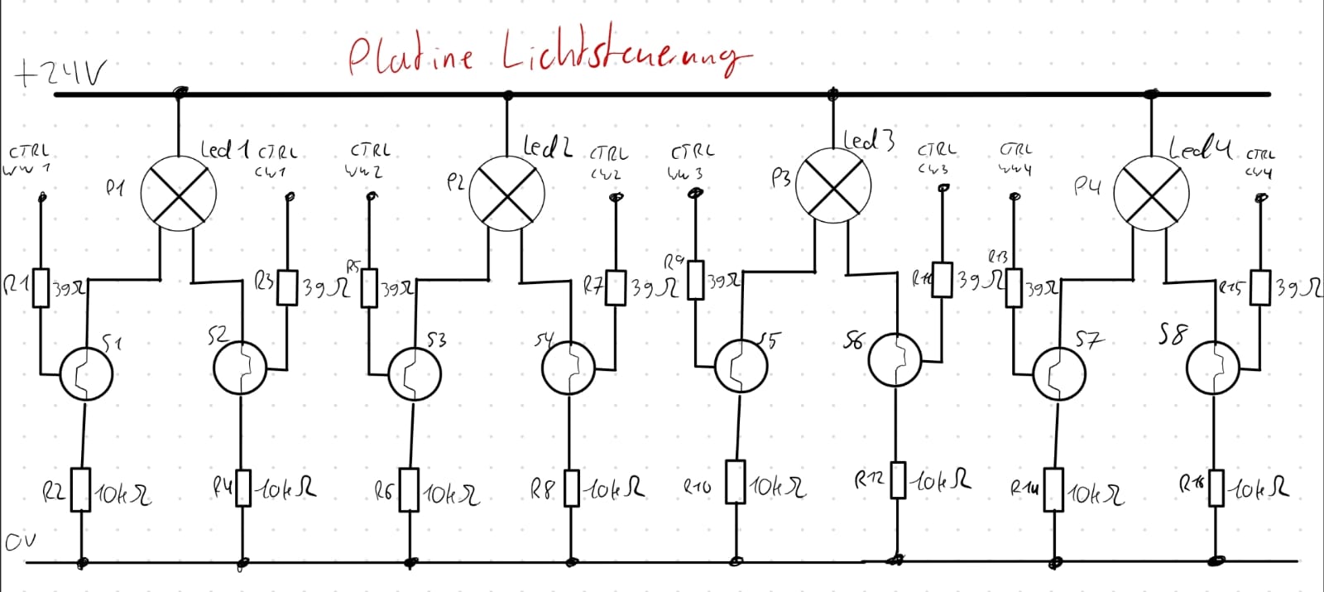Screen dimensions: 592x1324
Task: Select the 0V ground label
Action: [20, 543]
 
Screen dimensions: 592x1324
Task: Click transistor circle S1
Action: [85, 373]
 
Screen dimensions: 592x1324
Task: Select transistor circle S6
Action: [895, 359]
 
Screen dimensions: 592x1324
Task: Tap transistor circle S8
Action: [1212, 369]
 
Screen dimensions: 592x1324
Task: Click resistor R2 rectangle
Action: [80, 489]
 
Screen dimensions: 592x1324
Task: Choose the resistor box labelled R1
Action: [41, 286]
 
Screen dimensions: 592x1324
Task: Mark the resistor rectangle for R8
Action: [572, 488]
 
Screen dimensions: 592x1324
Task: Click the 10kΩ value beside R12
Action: [943, 480]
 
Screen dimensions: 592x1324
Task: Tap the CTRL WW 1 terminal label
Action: [30, 160]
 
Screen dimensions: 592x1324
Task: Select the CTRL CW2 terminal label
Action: [608, 162]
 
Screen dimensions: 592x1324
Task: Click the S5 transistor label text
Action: [770, 339]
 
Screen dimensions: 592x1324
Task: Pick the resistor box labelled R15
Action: [1259, 287]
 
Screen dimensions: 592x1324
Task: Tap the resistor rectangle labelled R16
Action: [1216, 487]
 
